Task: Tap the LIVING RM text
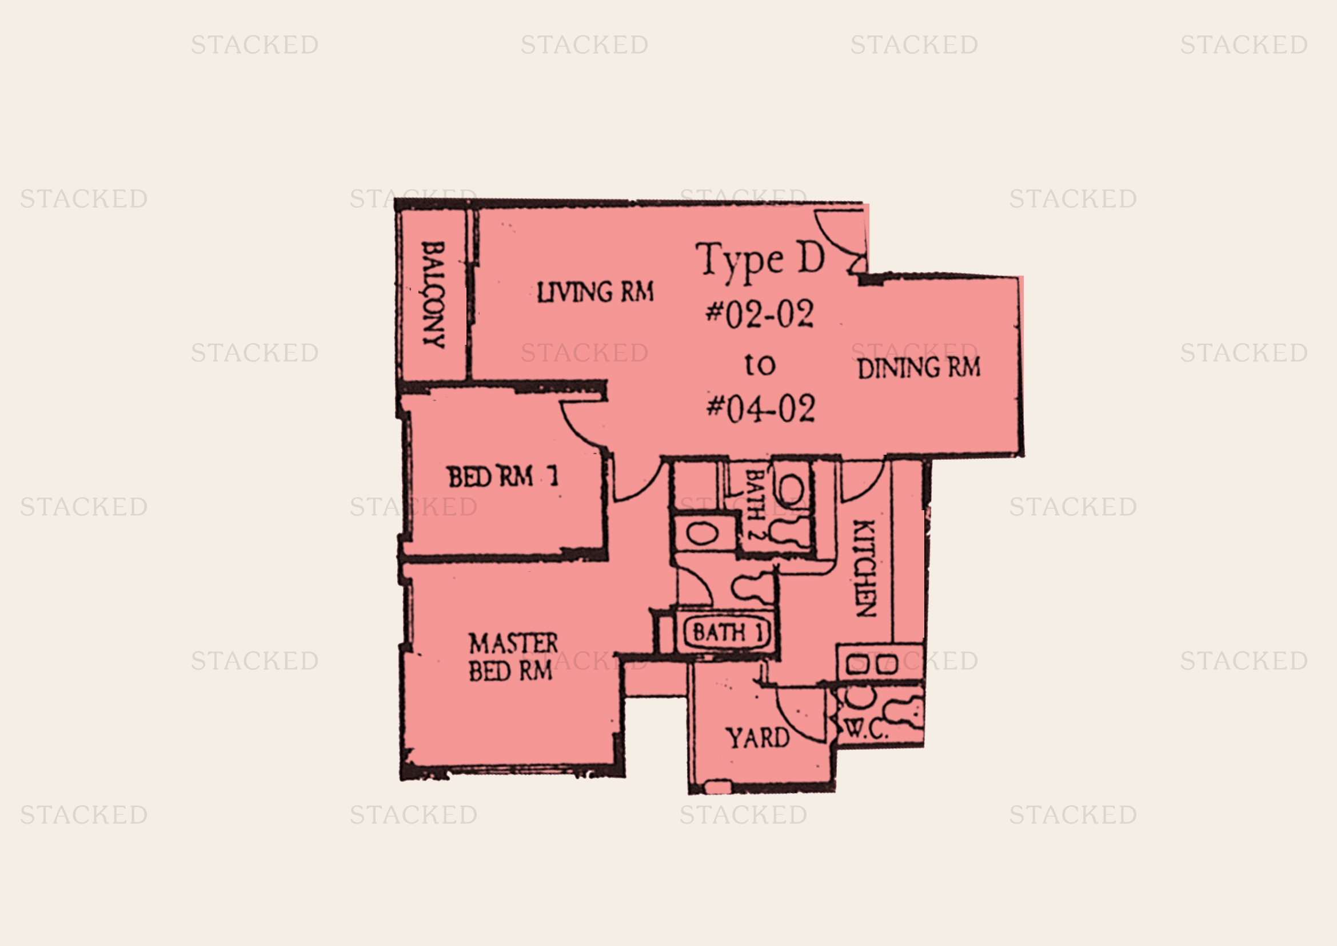tap(595, 292)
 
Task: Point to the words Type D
tap(760, 260)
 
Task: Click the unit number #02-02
tap(759, 315)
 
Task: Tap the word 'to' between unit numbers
tap(760, 365)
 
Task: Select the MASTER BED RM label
tap(513, 658)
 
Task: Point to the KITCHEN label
tap(864, 569)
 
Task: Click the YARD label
tap(757, 738)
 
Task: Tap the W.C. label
tap(865, 730)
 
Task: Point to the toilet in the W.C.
tap(903, 712)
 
